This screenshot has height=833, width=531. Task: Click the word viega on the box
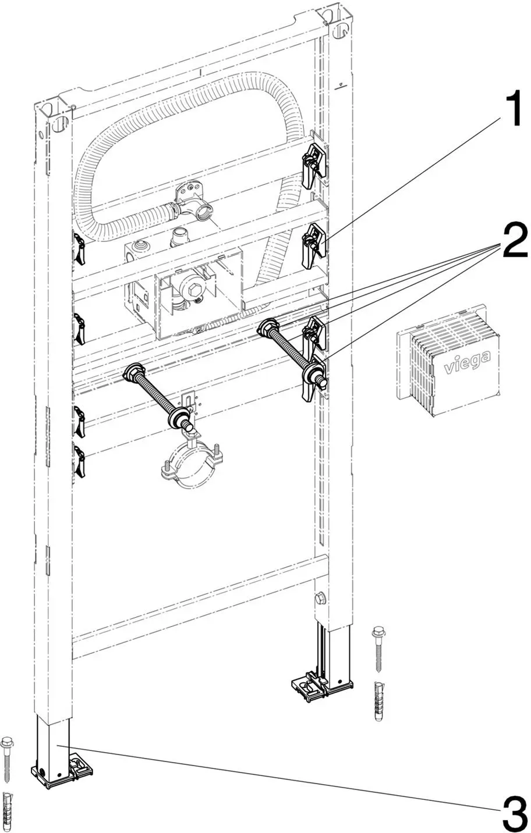tap(467, 363)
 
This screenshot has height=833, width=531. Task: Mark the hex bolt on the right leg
tap(320, 598)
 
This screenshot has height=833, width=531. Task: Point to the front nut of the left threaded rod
tap(181, 416)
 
